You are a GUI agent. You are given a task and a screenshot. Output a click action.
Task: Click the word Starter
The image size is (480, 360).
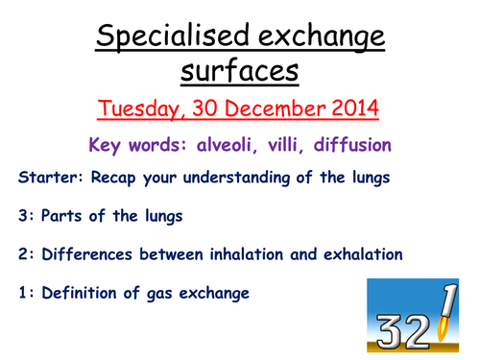tap(45, 178)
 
